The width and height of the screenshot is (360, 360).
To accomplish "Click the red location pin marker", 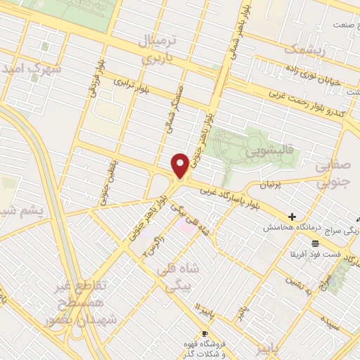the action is click(180, 165).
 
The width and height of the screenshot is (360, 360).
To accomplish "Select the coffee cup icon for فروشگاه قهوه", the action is click(205, 333).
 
